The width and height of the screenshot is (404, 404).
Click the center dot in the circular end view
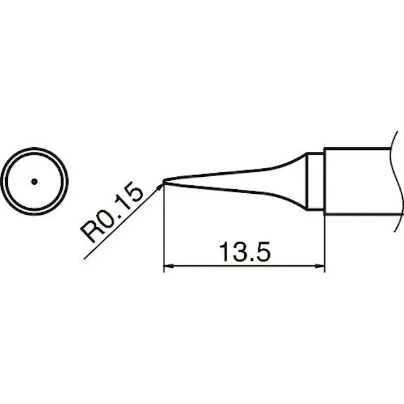[34, 181]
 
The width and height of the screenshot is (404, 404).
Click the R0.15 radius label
[112, 212]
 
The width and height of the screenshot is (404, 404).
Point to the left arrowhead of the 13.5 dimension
[168, 265]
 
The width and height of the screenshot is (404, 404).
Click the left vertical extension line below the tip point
[164, 227]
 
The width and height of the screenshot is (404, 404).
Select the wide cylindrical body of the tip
[357, 181]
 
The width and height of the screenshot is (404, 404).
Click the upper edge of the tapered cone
[238, 171]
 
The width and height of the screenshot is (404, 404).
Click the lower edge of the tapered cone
[238, 192]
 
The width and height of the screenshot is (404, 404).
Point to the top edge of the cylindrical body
[357, 149]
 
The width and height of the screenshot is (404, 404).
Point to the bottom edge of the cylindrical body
[357, 214]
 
